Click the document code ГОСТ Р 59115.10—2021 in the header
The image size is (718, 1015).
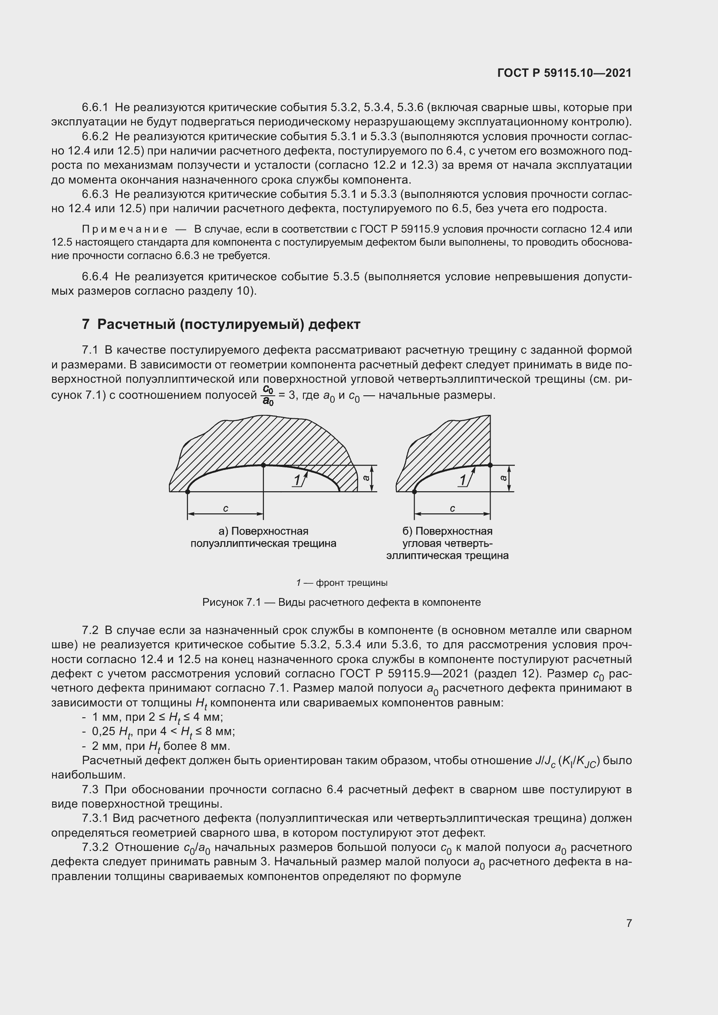click(x=564, y=73)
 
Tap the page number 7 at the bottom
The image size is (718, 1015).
click(x=629, y=923)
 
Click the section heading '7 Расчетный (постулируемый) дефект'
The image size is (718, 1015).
click(x=221, y=325)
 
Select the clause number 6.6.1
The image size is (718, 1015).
click(x=95, y=108)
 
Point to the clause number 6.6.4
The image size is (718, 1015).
click(x=95, y=277)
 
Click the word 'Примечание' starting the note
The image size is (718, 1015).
click(x=125, y=229)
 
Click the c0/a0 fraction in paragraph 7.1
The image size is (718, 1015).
click(x=268, y=395)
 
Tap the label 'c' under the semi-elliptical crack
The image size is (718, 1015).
click(x=225, y=509)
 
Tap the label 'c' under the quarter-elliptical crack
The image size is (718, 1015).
click(x=452, y=509)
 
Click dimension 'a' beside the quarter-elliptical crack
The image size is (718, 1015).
click(x=504, y=478)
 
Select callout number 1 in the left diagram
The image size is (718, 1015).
click(x=297, y=480)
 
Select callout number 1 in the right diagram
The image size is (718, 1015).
click(x=463, y=480)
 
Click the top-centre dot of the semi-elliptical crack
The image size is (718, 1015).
click(x=263, y=465)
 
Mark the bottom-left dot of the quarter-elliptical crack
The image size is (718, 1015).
click(x=415, y=492)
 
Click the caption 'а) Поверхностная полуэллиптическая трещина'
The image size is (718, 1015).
click(x=263, y=537)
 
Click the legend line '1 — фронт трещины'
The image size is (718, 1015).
click(x=342, y=583)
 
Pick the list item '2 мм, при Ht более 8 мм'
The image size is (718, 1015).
click(x=161, y=746)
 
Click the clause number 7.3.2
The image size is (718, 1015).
click(x=95, y=847)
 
